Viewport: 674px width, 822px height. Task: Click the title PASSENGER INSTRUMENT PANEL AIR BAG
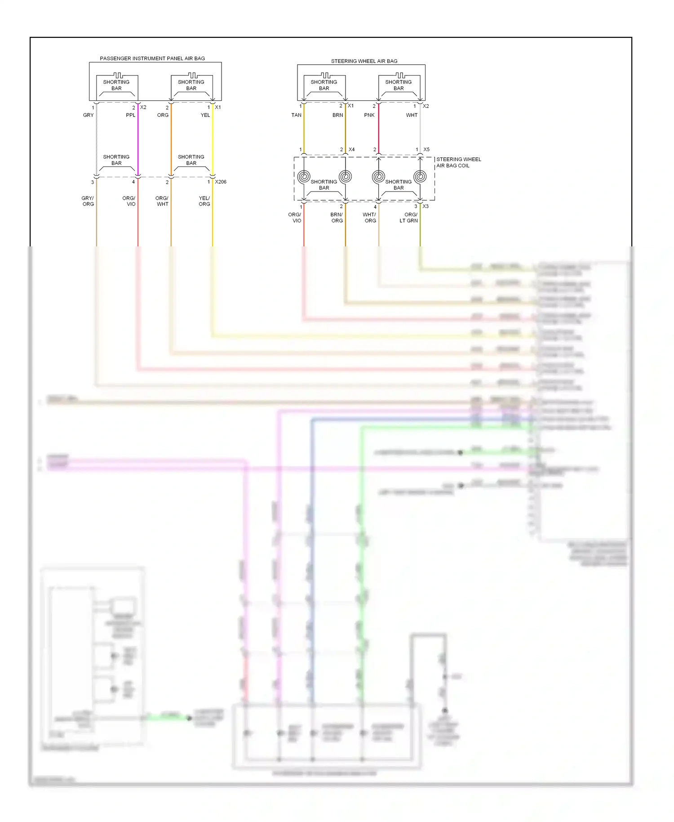152,58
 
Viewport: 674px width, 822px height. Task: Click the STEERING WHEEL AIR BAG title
364,61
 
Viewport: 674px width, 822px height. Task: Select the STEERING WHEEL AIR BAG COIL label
458,162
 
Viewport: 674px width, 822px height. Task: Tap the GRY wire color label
88,115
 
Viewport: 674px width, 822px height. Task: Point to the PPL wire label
130,115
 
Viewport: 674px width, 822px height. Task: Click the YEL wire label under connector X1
205,115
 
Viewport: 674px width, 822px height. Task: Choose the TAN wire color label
296,115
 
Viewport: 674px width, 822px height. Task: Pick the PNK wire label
369,115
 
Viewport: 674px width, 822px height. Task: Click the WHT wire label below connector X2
412,115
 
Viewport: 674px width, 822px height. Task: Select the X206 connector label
221,182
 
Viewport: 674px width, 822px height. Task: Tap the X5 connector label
426,149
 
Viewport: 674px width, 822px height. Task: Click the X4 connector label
351,149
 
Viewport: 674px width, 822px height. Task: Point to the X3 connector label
425,206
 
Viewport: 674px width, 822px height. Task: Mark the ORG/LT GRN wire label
409,218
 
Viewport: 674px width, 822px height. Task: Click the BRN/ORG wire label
337,218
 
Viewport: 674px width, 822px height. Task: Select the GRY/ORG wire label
88,201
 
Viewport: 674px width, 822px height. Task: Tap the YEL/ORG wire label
204,201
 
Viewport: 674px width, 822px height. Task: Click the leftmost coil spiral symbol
304,177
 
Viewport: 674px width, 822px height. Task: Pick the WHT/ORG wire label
369,218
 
